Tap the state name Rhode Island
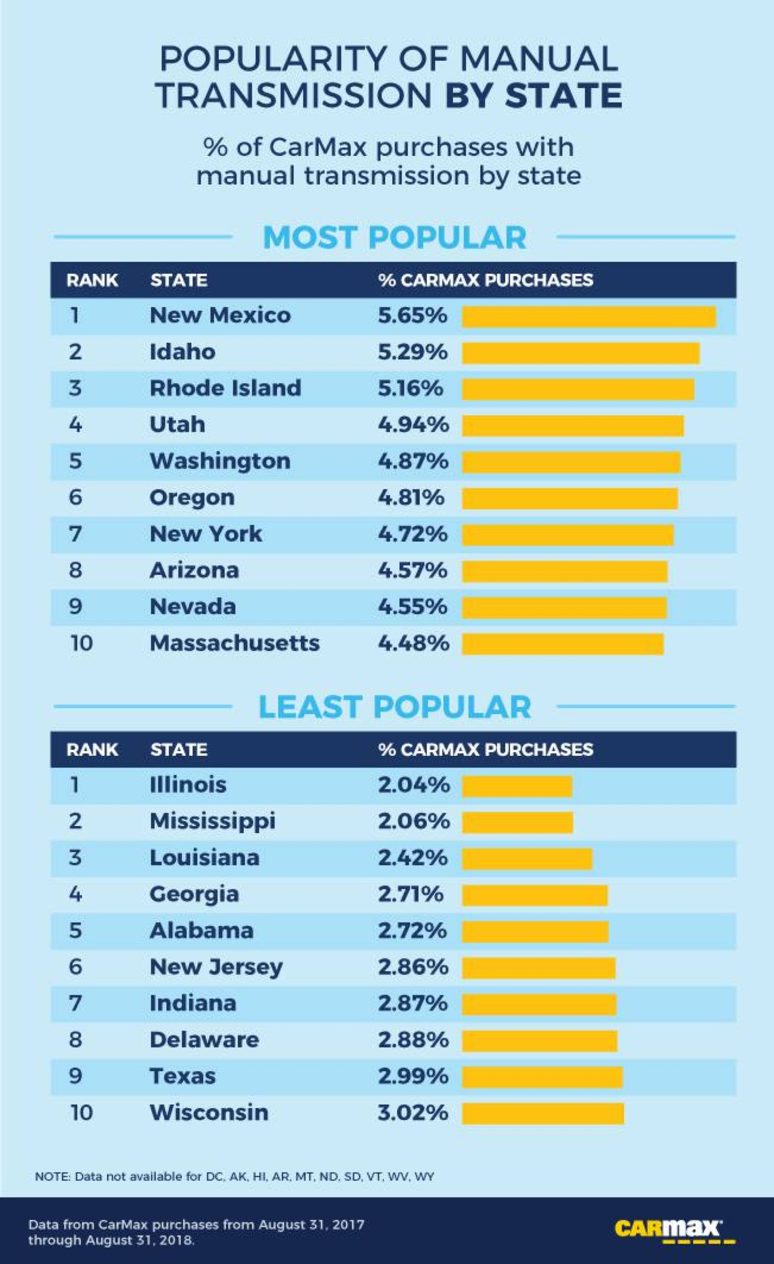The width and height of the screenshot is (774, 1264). click(225, 388)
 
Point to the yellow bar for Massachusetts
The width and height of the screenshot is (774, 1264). click(562, 645)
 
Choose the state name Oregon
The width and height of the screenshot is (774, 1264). click(192, 498)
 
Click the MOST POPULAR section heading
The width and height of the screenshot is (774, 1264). click(394, 238)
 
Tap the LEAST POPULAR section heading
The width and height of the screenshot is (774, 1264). click(394, 707)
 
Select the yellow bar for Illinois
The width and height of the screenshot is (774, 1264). click(517, 787)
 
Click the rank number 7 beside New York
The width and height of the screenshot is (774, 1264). click(75, 534)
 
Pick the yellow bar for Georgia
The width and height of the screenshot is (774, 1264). click(535, 896)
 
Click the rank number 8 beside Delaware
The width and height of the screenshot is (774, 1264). click(75, 1040)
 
